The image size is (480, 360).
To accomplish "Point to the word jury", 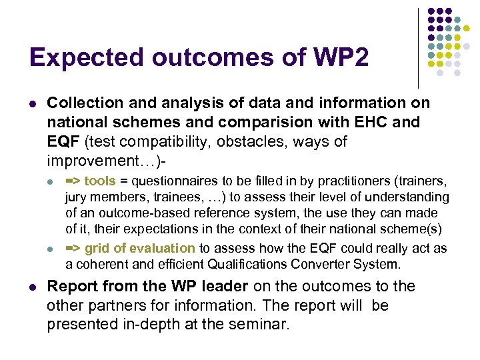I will click(77, 197).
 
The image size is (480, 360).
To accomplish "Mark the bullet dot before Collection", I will click(32, 104).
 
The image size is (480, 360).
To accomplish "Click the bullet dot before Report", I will click(32, 287).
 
